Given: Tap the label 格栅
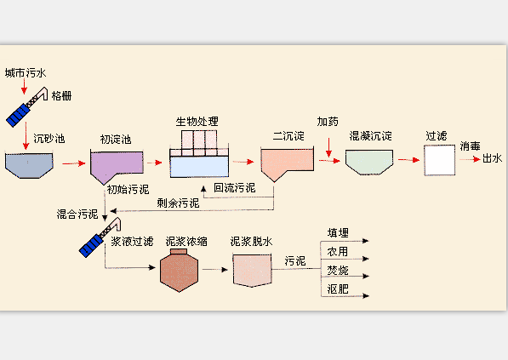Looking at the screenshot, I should [61, 96].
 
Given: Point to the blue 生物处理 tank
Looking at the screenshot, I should [199, 163].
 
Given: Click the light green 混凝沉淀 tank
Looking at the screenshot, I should [368, 160].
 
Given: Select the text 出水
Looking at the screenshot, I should [493, 158].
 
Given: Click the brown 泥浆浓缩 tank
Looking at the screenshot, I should [180, 270].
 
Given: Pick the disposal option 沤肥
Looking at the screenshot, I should [338, 290].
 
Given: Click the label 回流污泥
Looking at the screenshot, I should [233, 188].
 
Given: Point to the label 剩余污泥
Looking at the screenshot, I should [178, 203].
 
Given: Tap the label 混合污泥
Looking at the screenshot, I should [77, 214].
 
